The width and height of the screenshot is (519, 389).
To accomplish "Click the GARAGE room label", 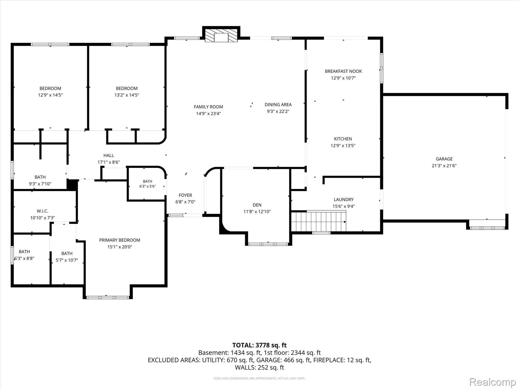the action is tap(444, 159).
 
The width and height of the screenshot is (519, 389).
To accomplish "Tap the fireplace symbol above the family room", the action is tap(221, 35).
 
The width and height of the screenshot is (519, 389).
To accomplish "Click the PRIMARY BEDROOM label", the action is tap(120, 240).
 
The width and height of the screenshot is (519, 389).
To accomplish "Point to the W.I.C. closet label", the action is tap(42, 211).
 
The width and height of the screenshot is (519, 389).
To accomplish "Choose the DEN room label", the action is tap(257, 205).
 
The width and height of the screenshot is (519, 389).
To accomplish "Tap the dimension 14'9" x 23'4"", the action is tap(208, 113).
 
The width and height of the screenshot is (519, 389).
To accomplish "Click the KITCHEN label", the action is tap(343, 139).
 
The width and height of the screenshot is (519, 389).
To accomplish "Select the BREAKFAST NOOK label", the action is tap(343, 71).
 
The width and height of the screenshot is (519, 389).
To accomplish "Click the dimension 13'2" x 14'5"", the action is tap(127, 95).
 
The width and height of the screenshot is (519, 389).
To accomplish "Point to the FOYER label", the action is tap(185, 195).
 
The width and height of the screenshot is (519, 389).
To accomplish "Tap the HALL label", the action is tap(108, 155).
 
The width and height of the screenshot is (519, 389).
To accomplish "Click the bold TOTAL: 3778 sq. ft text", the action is tap(259, 345).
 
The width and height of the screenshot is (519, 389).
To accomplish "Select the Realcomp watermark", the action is tap(493, 382).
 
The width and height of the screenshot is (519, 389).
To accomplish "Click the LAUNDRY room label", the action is tap(344, 199).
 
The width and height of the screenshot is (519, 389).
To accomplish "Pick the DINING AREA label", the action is tap(278, 104).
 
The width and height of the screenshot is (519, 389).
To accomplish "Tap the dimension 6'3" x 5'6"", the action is tap(147, 186).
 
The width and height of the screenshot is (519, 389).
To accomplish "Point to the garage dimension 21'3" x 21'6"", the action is tap(444, 166).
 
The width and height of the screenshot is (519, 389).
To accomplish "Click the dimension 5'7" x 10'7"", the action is tap(67, 260).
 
